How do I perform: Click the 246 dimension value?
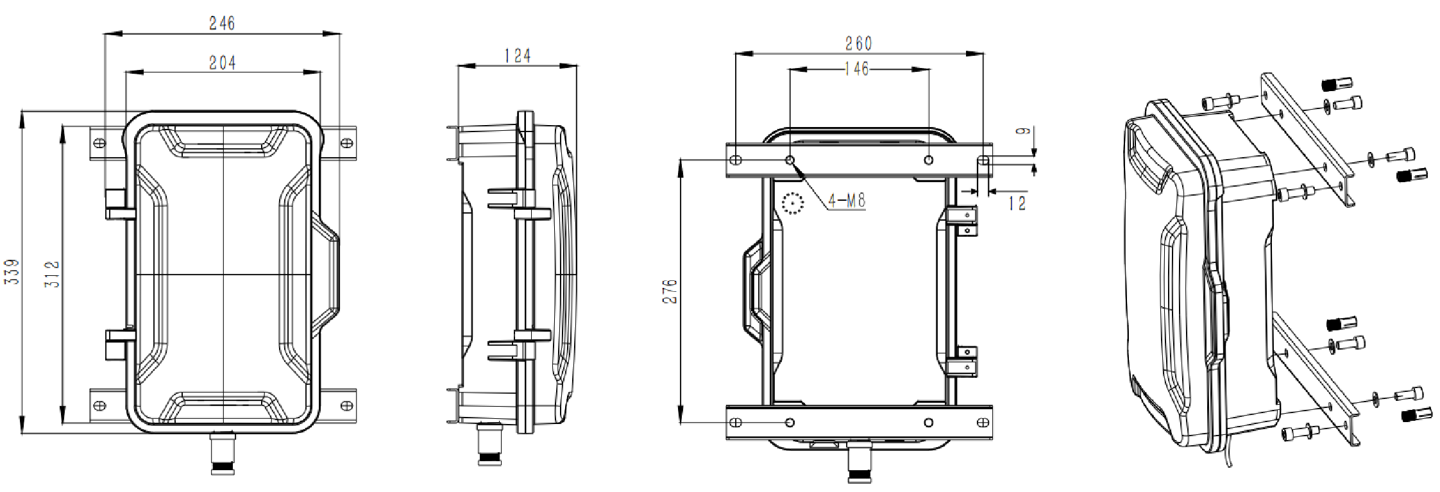pyautogui.click(x=222, y=24)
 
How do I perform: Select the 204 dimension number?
pyautogui.click(x=223, y=63)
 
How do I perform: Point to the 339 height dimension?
pyautogui.click(x=12, y=272)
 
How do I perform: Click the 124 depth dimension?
pyautogui.click(x=517, y=56)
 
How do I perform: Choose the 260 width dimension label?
pyautogui.click(x=858, y=44)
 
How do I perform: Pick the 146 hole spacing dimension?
pyautogui.click(x=857, y=69)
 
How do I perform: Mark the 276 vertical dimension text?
pyautogui.click(x=670, y=291)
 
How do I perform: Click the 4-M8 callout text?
pyautogui.click(x=847, y=201)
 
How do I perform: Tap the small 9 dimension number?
pyautogui.click(x=1024, y=131)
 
